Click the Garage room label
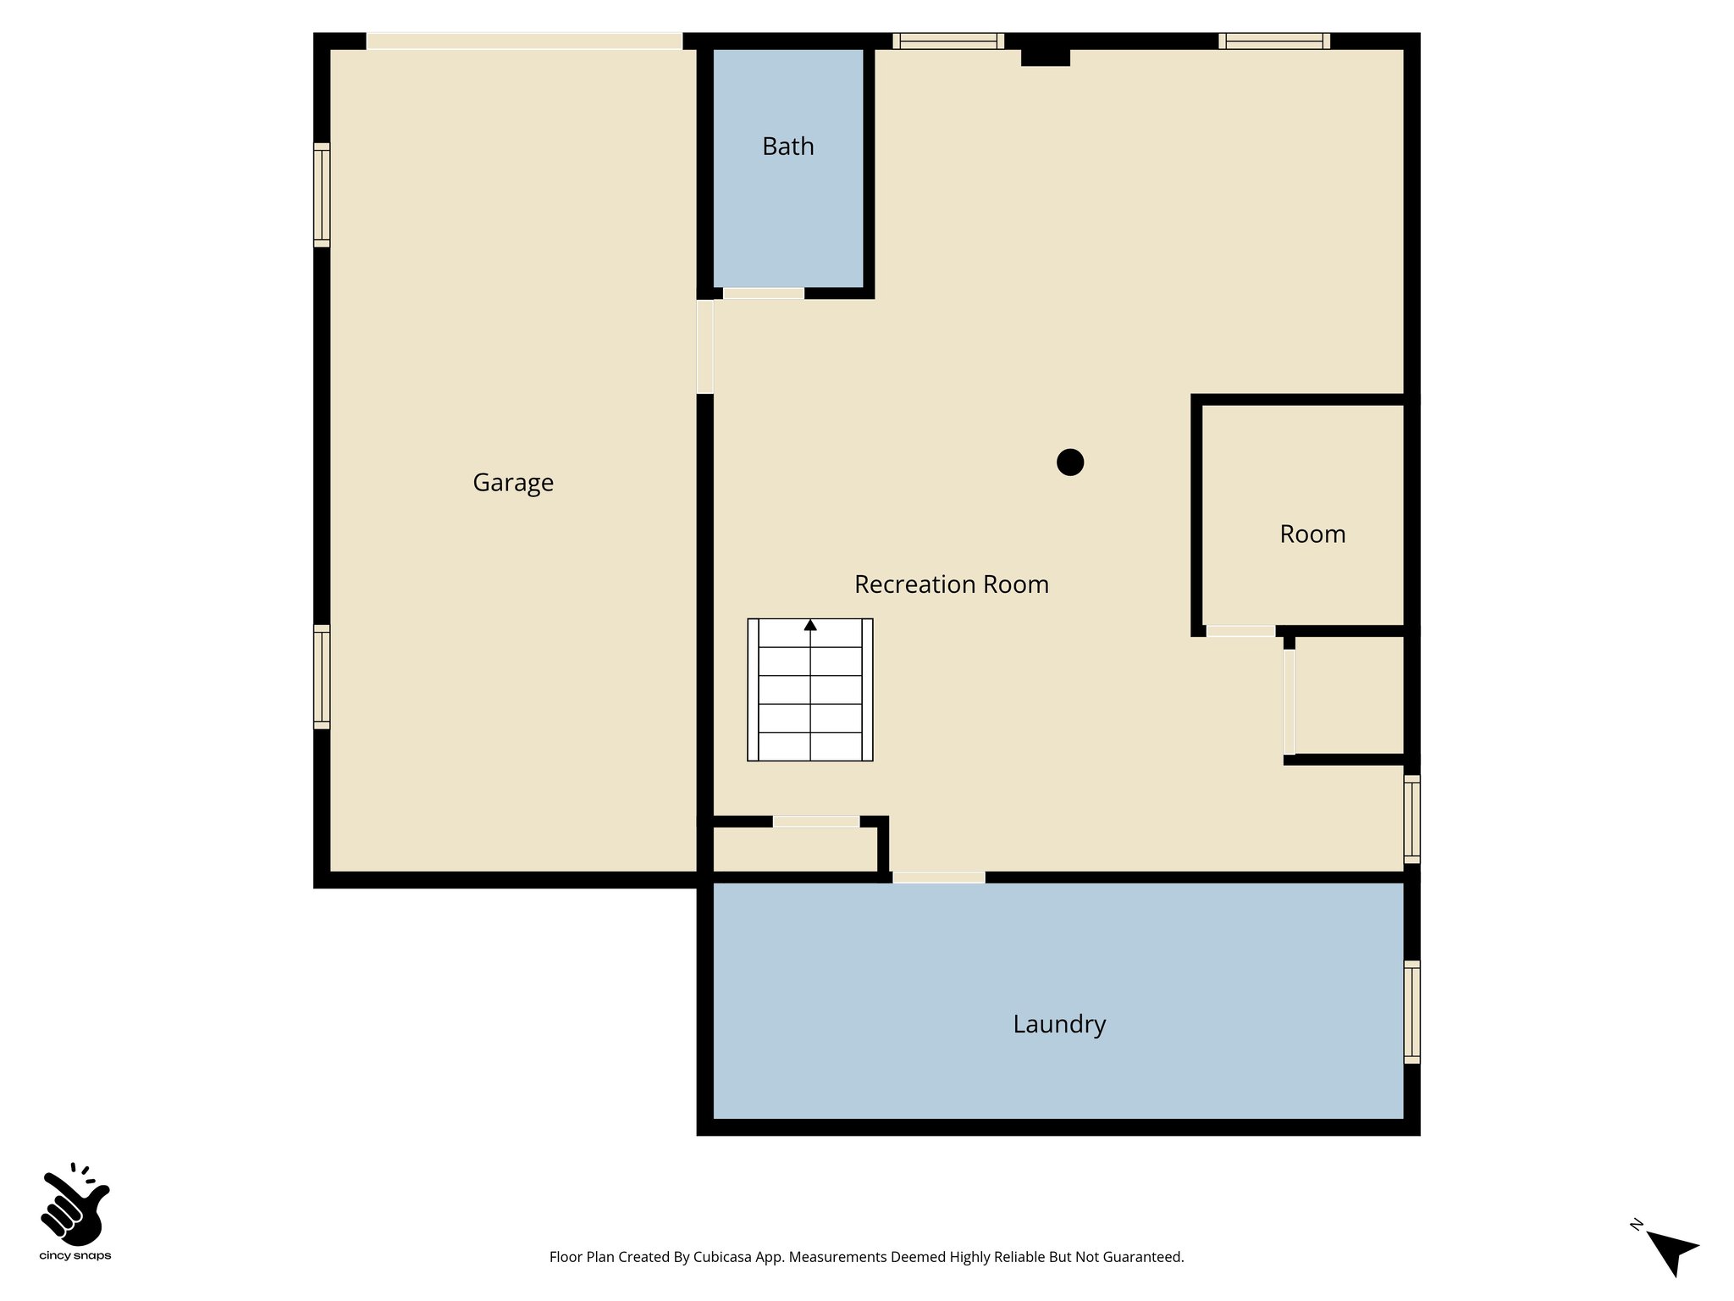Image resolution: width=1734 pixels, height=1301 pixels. [513, 483]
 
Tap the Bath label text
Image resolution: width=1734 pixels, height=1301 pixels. [787, 147]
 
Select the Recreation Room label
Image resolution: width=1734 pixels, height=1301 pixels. [951, 584]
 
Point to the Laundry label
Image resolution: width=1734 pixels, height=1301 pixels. [1059, 1024]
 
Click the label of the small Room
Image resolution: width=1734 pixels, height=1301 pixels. [1312, 534]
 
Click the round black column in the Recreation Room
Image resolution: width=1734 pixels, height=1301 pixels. [1070, 462]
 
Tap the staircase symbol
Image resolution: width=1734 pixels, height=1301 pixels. [810, 690]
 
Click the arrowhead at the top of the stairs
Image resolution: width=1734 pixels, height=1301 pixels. [810, 625]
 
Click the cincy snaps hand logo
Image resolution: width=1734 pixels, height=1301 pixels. [75, 1204]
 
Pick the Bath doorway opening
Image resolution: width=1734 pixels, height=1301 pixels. [763, 293]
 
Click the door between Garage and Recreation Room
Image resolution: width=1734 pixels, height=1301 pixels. [704, 346]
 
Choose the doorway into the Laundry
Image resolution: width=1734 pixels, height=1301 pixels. [938, 877]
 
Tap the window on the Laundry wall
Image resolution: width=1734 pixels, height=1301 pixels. [1411, 1011]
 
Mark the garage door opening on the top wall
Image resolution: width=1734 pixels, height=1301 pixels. [524, 41]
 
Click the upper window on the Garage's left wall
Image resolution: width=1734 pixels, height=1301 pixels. [322, 195]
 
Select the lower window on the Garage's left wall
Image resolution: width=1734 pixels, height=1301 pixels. [322, 677]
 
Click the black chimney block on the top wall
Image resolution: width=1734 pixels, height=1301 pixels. [1046, 56]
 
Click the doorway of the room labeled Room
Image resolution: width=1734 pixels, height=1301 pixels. [1240, 631]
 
